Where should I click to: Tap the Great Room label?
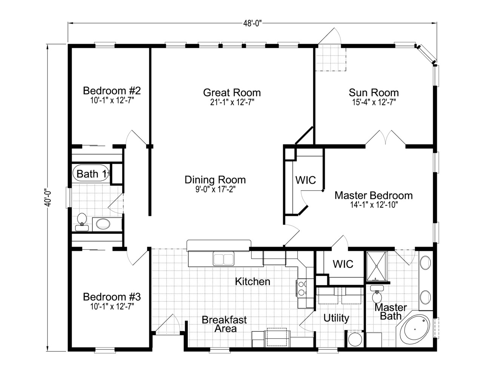(x=232, y=92)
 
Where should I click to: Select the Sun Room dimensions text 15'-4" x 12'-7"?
(x=374, y=102)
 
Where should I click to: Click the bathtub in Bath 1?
(x=90, y=173)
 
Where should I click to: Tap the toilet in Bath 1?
(x=82, y=220)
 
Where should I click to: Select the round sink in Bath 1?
(x=103, y=224)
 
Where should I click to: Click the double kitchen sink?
(x=223, y=259)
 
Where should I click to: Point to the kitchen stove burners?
(x=302, y=288)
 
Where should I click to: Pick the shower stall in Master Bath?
(x=377, y=266)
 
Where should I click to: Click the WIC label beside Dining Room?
(x=305, y=180)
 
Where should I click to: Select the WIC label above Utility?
(x=343, y=264)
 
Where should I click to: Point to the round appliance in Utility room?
(x=355, y=339)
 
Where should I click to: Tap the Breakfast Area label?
(x=224, y=324)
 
